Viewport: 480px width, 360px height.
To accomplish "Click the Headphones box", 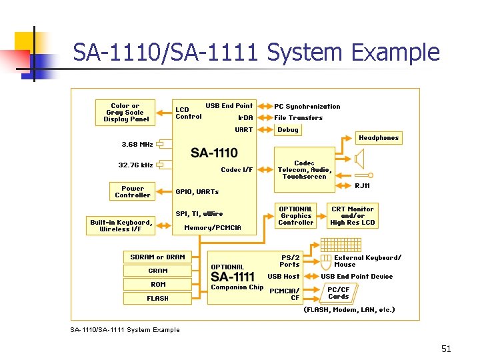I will tap(379, 138).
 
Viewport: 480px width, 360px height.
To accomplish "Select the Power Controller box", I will tap(133, 192).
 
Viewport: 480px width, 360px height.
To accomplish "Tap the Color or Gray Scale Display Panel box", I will tap(126, 113).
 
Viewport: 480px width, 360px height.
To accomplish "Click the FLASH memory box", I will tap(158, 299).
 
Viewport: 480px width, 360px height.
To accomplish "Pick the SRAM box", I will tap(158, 271).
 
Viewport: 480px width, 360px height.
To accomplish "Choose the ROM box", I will tap(158, 285).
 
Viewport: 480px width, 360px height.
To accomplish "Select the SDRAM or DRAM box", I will tap(158, 257).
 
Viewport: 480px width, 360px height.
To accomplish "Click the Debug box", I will tap(288, 130).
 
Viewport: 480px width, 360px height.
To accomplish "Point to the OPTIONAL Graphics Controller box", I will tap(296, 216).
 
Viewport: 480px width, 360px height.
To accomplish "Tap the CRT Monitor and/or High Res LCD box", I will tap(353, 216).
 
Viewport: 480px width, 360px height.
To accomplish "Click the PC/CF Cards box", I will tap(339, 293).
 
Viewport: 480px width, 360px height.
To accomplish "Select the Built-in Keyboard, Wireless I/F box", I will tap(121, 225).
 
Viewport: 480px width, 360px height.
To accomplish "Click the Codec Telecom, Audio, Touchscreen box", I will tap(304, 170).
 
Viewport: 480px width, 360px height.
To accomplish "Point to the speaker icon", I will tap(361, 159).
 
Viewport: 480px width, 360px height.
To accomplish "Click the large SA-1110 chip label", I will tap(214, 153).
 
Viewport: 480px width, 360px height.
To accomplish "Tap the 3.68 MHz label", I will tap(137, 144).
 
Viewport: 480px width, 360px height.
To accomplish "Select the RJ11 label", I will tap(363, 186).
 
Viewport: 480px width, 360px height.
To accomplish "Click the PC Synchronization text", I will tap(307, 107).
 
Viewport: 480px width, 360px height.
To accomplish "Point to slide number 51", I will tap(446, 349).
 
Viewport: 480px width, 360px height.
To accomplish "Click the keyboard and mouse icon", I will tap(325, 261).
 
